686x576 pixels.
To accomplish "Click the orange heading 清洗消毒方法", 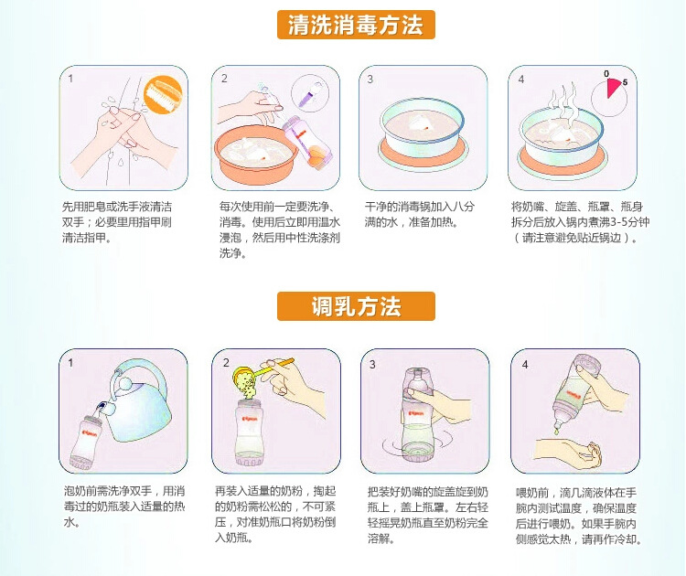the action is (356, 25).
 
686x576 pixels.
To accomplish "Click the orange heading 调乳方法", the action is (356, 305).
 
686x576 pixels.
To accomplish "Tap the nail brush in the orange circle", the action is (162, 93).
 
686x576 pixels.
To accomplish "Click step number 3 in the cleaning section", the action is (370, 80).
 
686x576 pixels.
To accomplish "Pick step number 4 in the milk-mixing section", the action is (525, 364).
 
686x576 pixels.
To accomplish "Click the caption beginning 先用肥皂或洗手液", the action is (117, 222).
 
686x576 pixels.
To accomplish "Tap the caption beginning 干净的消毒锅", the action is (420, 214).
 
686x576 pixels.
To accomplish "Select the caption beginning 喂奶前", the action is (578, 516).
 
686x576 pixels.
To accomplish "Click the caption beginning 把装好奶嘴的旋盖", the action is (427, 516).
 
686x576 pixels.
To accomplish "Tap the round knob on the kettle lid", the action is (125, 384).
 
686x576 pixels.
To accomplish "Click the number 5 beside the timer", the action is (626, 82).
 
